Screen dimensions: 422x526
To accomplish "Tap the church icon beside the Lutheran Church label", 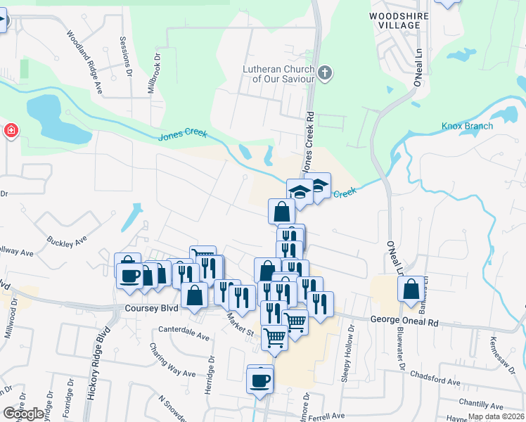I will tap(325, 72).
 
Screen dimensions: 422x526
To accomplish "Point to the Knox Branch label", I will tap(467, 127).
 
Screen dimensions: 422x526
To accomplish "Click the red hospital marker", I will tap(11, 131).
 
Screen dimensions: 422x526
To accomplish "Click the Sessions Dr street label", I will tap(126, 56).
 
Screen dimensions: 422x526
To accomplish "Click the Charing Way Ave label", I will tap(172, 360).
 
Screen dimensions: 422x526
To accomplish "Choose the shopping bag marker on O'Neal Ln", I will tap(411, 289).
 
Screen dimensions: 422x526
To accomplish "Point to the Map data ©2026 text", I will tap(495, 416).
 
